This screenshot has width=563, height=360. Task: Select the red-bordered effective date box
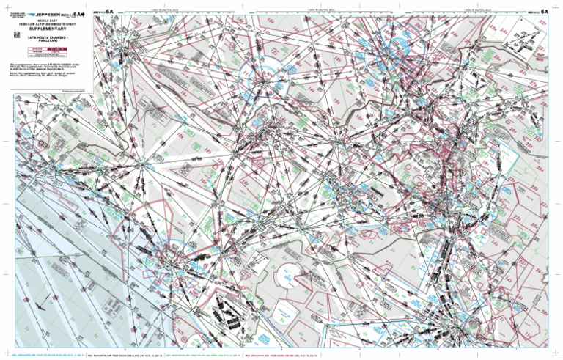tap(48, 52)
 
